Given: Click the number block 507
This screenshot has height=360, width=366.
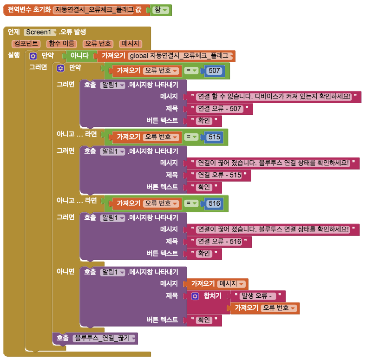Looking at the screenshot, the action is pos(214,71).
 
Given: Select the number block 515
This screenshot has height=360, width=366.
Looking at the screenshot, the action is pos(214,137).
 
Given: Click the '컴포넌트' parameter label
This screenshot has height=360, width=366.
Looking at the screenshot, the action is pos(26,44).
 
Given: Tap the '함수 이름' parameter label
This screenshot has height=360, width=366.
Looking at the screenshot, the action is pos(62,44).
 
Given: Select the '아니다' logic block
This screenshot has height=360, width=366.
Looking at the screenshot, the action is pos(79,56).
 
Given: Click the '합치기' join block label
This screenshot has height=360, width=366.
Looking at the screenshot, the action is pos(213,296).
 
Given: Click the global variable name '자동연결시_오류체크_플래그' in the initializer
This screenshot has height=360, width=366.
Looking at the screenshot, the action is pos(93,9).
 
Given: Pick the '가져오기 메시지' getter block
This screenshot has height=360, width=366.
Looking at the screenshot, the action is pos(216,283).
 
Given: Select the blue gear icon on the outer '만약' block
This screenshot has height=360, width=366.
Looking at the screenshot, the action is pos(33,56).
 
